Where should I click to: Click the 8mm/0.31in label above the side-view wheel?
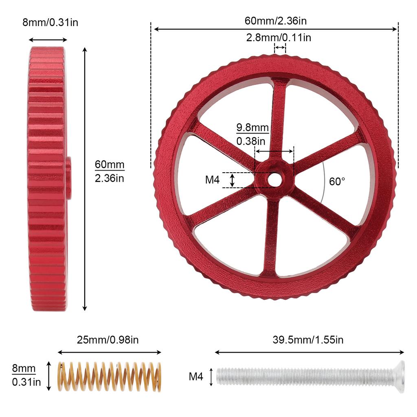click(50, 22)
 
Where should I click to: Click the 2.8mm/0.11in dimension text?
click(279, 38)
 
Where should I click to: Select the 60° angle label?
click(337, 182)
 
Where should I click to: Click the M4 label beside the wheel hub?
click(212, 180)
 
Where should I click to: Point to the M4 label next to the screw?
click(196, 377)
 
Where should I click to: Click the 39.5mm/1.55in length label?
click(308, 340)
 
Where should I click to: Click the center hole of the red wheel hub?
click(274, 180)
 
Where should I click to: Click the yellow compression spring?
click(109, 377)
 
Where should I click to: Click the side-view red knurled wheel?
click(47, 179)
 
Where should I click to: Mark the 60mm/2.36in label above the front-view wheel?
click(276, 20)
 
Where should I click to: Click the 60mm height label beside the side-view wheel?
click(110, 171)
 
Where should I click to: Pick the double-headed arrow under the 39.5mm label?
click(309, 352)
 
